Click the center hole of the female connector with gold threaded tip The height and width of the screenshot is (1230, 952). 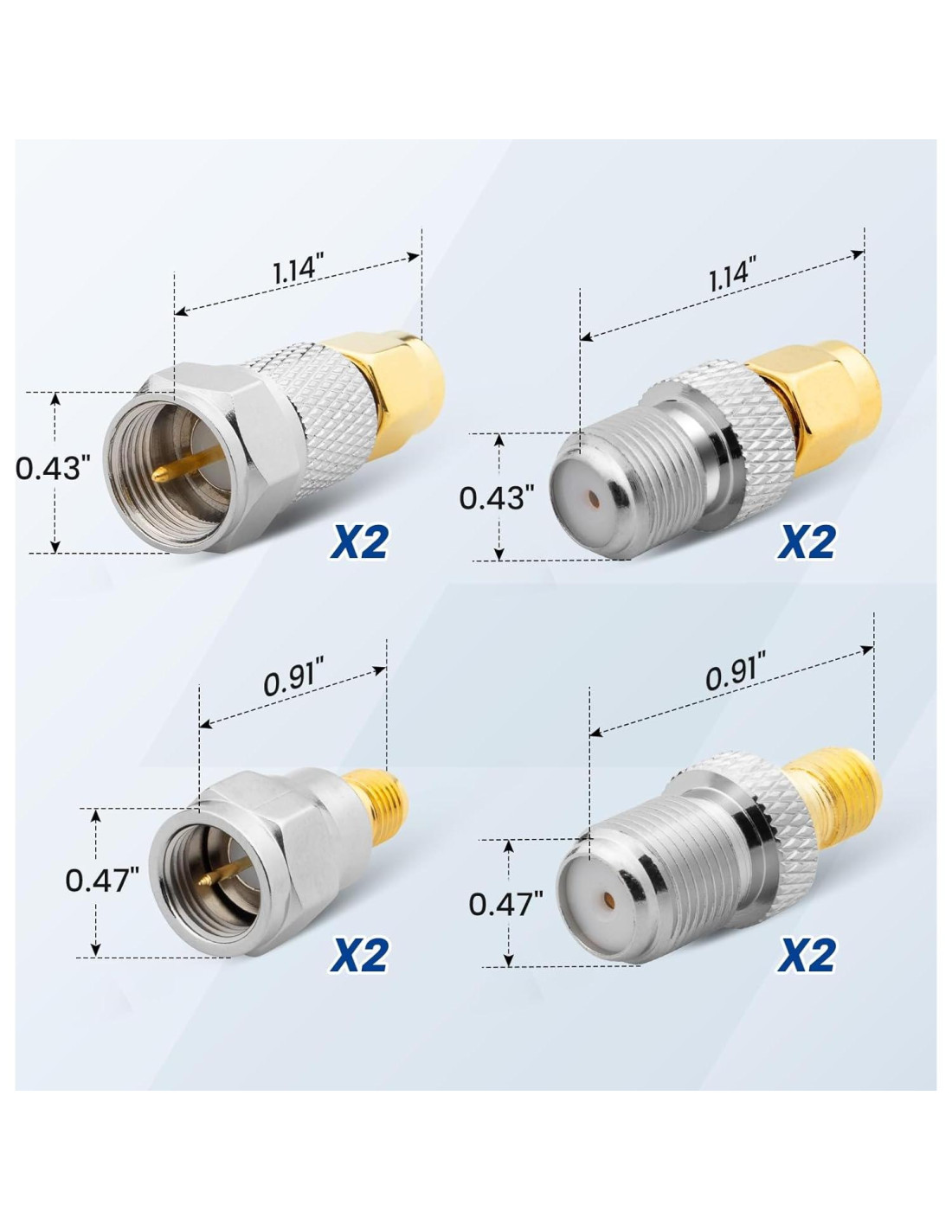(x=607, y=898)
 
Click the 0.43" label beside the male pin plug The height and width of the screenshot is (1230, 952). (x=54, y=469)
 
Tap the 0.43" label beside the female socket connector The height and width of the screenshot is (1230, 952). (x=497, y=498)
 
